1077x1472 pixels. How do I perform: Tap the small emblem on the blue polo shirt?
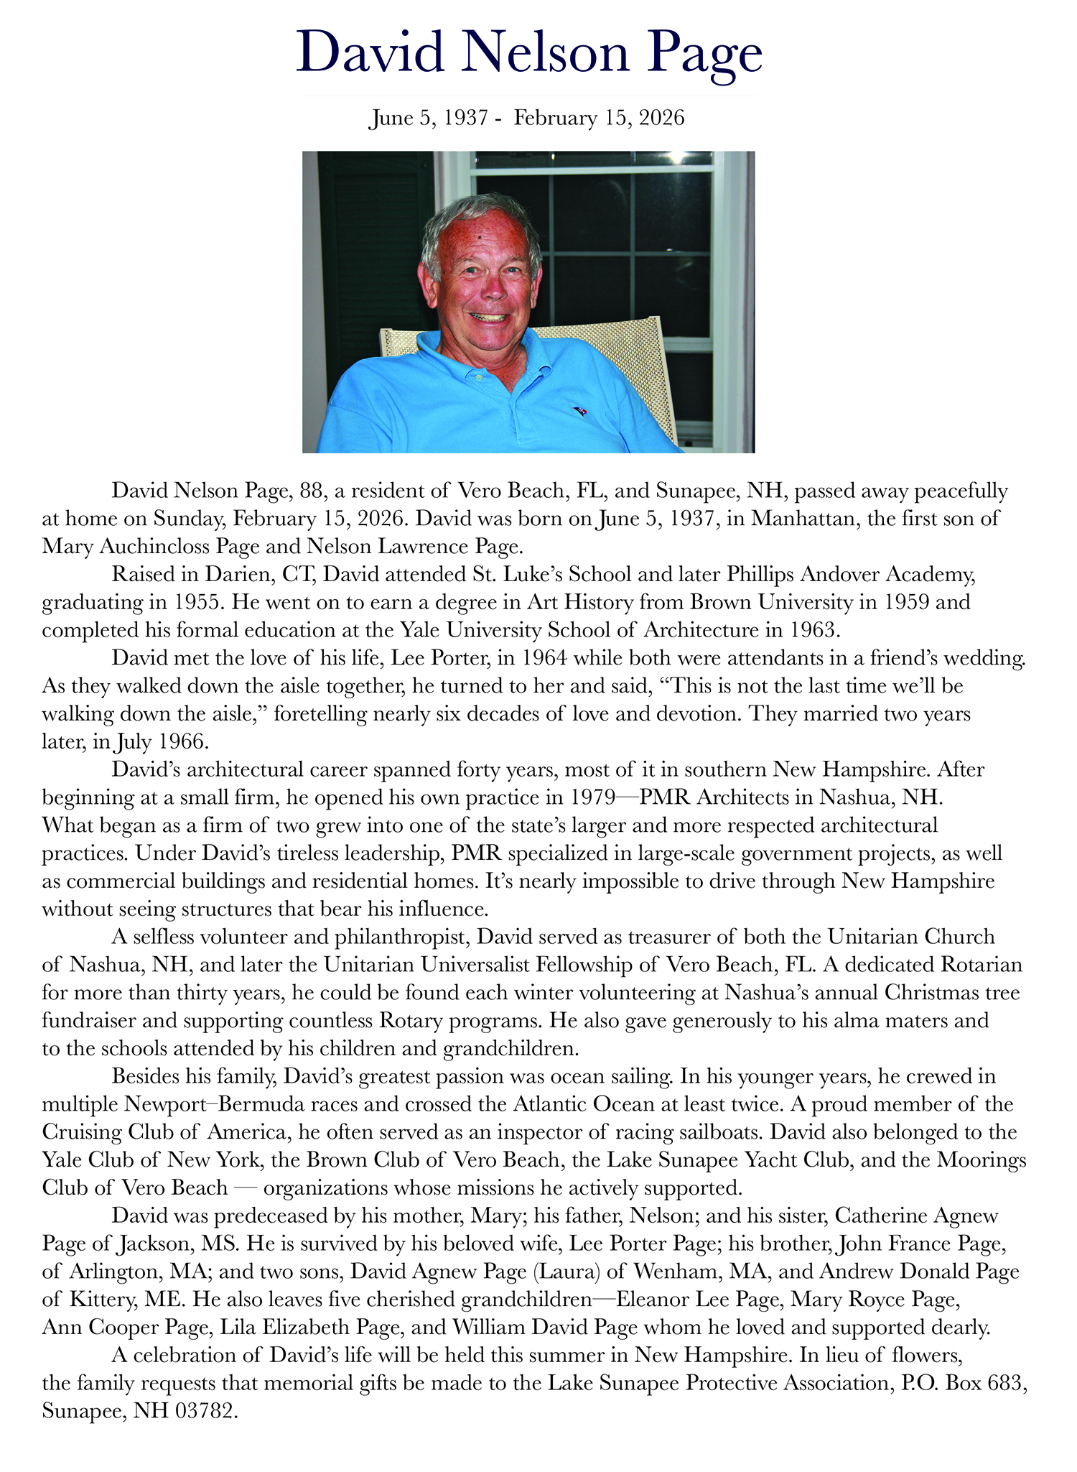pos(579,411)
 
